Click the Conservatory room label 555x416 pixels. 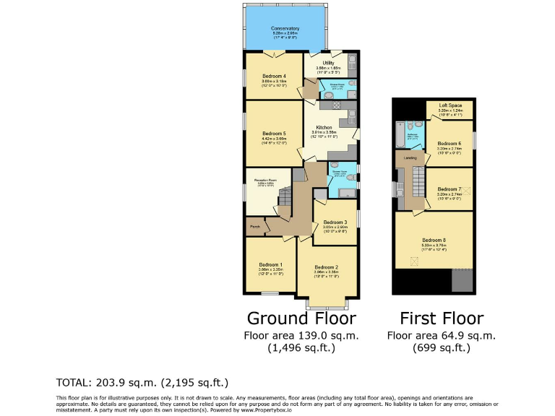(x=286, y=28)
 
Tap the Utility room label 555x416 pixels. (x=327, y=63)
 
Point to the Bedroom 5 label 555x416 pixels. (x=274, y=134)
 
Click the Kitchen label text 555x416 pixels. (x=322, y=128)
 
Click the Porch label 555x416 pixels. (x=254, y=227)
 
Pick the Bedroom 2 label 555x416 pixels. (x=326, y=267)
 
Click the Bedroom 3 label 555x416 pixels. (x=335, y=222)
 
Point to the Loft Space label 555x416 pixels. (x=449, y=106)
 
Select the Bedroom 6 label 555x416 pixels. (x=449, y=143)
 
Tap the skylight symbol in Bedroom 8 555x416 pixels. (x=415, y=261)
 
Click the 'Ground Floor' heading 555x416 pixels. (x=301, y=318)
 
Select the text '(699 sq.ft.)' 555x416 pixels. (x=441, y=348)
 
